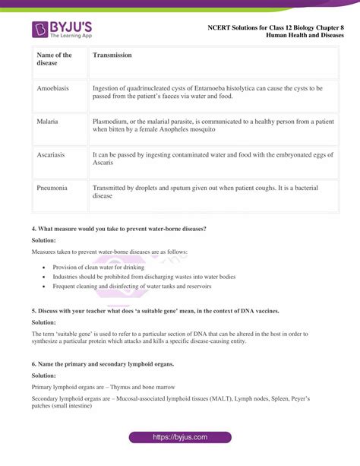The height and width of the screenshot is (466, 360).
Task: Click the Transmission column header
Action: (x=112, y=55)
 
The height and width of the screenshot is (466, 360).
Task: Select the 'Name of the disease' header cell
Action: (x=54, y=59)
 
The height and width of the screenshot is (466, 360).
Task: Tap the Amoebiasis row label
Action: (x=52, y=88)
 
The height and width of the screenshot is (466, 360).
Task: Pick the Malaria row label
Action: (x=48, y=121)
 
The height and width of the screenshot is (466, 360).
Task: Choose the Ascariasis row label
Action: (x=51, y=154)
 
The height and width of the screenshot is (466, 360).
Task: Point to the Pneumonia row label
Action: (x=52, y=187)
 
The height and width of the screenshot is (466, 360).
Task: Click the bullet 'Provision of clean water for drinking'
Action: (x=98, y=268)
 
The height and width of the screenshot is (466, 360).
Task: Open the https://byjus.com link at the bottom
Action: (x=179, y=438)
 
